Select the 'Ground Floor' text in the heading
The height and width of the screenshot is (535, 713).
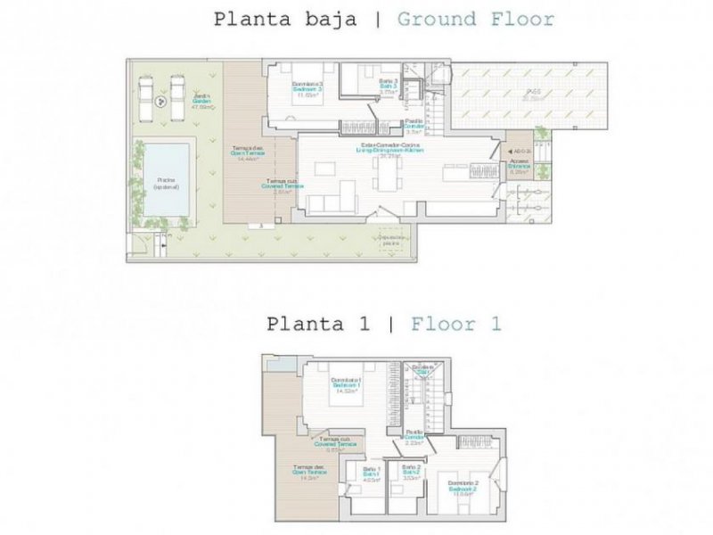click(475, 19)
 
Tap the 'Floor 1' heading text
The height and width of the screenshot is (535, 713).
click(455, 324)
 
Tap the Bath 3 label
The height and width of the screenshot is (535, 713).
click(387, 87)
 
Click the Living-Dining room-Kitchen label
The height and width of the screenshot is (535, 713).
click(391, 149)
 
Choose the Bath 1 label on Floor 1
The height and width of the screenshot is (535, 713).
click(373, 472)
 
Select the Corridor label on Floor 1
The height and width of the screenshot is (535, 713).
click(414, 436)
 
